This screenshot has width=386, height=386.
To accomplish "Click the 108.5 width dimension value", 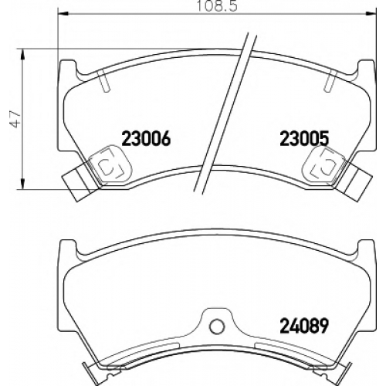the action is (217, 6).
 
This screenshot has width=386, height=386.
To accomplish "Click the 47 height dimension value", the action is (15, 120).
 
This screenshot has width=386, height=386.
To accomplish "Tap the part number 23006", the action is (146, 138).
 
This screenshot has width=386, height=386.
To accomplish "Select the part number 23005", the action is (304, 138).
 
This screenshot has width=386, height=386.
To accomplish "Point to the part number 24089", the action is (304, 325).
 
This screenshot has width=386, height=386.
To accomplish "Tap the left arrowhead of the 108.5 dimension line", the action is (63, 13).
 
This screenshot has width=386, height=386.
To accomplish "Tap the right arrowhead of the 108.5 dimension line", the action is (371, 13).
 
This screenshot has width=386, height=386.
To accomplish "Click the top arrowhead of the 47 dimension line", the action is (23, 54).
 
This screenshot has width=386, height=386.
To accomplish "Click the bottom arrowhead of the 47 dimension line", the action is (23, 185).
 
